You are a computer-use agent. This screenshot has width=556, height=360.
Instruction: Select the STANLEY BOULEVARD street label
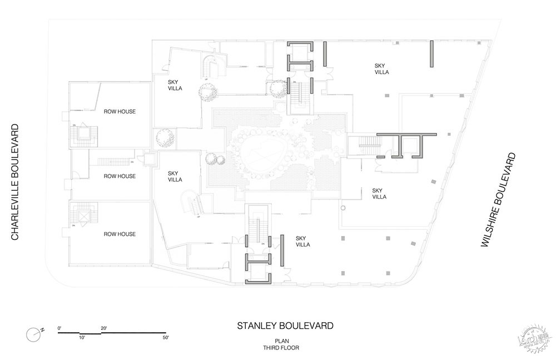pos(285,326)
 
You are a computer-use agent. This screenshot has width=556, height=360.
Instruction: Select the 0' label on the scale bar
pos(59,328)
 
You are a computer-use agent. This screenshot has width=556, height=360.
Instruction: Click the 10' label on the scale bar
pos(82,337)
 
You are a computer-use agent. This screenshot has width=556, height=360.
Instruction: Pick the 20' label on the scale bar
pos(104,328)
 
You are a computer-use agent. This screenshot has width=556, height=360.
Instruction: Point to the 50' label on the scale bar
pos(165,337)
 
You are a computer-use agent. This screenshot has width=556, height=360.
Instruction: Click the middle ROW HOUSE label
pos(120,176)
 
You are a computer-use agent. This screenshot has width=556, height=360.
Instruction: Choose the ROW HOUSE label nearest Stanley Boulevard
pos(120,234)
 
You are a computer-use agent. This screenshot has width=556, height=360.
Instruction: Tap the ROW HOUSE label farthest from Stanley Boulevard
pos(120,112)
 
